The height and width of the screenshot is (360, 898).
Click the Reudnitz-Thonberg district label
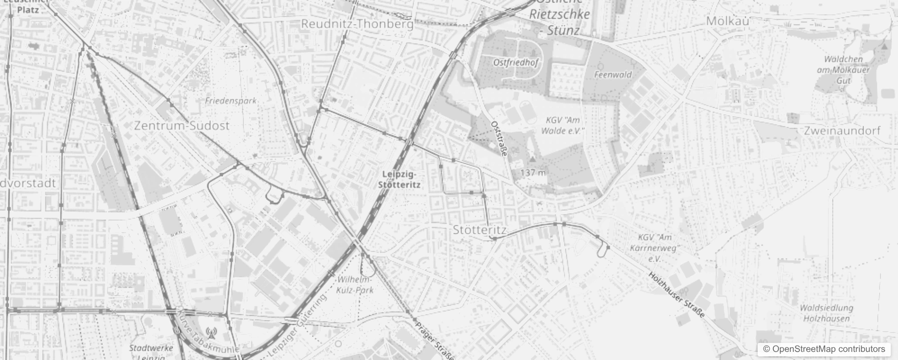357,24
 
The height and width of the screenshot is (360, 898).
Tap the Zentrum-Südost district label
182,126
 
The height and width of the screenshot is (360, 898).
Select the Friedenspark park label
230,100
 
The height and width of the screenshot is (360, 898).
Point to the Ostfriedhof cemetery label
516,63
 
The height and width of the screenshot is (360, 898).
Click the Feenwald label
613,75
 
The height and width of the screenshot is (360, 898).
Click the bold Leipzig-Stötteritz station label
399,179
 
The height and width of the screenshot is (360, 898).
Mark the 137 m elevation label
533,172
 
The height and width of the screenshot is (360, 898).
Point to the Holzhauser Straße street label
676,295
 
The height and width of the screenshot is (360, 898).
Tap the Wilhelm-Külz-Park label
355,284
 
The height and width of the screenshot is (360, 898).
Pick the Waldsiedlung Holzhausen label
826,313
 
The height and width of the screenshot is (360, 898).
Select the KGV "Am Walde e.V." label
562,126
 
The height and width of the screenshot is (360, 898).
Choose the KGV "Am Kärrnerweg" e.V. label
655,247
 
